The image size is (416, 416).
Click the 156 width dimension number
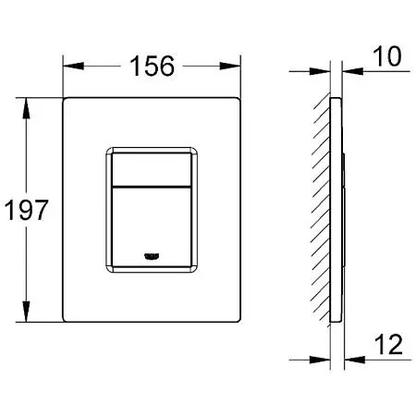point(152,66)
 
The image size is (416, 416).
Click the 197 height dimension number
point(26,210)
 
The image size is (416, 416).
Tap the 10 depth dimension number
point(387,56)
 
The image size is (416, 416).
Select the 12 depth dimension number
point(388,344)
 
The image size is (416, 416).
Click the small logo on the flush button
point(152,256)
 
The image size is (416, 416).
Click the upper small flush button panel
point(152,169)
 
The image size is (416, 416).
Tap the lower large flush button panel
point(152,227)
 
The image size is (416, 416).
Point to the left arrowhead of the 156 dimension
point(73,66)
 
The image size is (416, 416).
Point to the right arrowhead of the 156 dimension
point(229,66)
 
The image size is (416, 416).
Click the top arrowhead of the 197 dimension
point(26,108)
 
